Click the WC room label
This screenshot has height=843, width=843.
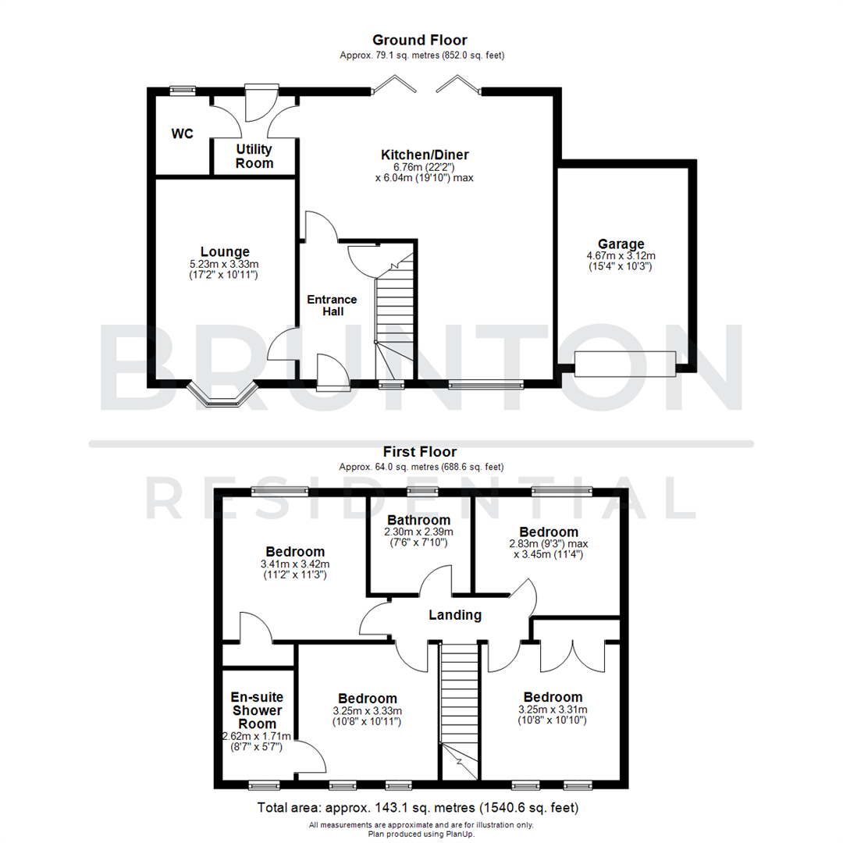[x=182, y=134]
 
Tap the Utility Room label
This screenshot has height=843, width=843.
[x=254, y=156]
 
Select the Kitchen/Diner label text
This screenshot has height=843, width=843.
[x=425, y=155]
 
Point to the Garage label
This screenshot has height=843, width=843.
[x=621, y=244]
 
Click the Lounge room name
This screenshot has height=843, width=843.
[x=225, y=251]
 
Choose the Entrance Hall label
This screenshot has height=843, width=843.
[x=332, y=305]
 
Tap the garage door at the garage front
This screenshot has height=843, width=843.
[x=624, y=364]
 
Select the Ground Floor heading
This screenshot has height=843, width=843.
[x=420, y=40]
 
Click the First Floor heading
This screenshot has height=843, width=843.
[x=420, y=451]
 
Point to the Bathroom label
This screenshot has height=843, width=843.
[x=418, y=520]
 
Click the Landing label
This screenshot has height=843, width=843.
[x=455, y=615]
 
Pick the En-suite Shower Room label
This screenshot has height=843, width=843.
[x=256, y=710]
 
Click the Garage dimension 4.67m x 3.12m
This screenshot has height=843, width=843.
[x=621, y=255]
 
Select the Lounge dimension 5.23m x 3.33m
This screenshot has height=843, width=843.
[x=225, y=264]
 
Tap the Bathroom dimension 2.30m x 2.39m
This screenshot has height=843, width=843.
[x=418, y=532]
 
